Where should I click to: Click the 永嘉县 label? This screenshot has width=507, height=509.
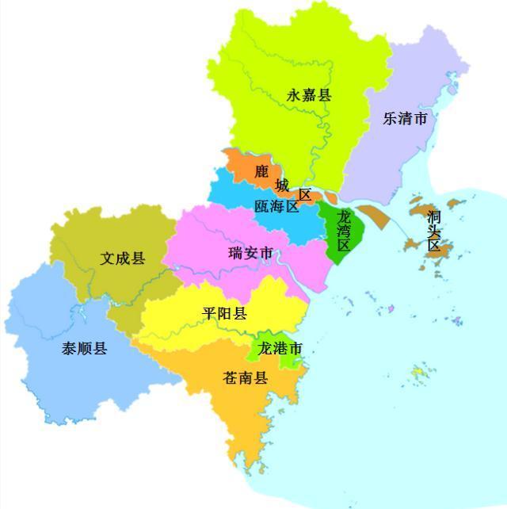(309, 96)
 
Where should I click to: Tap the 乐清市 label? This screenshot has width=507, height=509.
(405, 119)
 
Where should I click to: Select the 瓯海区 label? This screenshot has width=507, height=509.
(276, 207)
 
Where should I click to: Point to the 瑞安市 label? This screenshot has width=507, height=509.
(250, 254)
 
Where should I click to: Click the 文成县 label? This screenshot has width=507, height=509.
(123, 258)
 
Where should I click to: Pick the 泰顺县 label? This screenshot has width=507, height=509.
(85, 349)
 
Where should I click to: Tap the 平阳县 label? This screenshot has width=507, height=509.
(224, 314)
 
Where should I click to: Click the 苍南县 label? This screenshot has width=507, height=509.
(246, 378)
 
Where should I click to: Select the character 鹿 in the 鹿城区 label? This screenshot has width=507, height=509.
(261, 171)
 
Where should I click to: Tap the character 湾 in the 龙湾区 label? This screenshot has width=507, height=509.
(344, 231)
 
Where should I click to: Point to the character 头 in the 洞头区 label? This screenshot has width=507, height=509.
(433, 231)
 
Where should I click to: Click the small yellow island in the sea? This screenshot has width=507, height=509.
(418, 372)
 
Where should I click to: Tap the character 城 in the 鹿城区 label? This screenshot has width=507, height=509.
(282, 185)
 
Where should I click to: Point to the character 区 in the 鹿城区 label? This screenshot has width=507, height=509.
(305, 195)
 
